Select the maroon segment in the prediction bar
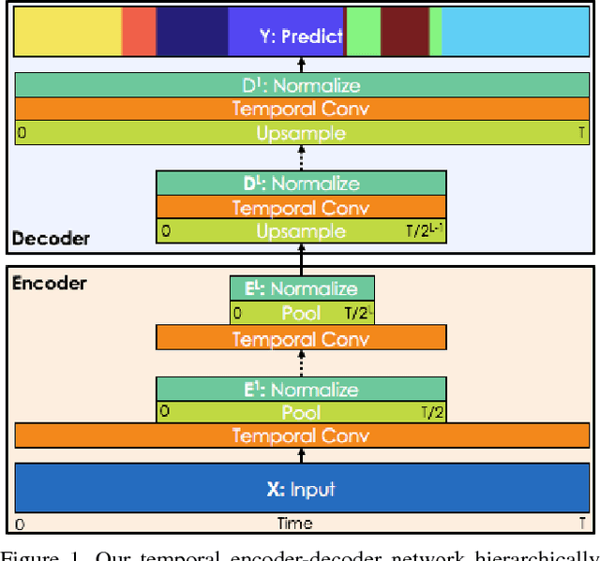tap(405, 31)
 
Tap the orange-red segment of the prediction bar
tap(139, 31)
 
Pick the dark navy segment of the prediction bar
tap(191, 31)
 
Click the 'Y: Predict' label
tap(300, 37)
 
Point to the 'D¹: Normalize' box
tap(300, 85)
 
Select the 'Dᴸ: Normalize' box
tap(300, 184)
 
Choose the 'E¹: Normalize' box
tap(300, 390)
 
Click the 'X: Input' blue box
tap(300, 489)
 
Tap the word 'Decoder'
tap(51, 239)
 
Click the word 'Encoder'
tap(49, 283)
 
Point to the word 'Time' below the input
tap(294, 524)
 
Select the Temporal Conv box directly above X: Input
tap(300, 436)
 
